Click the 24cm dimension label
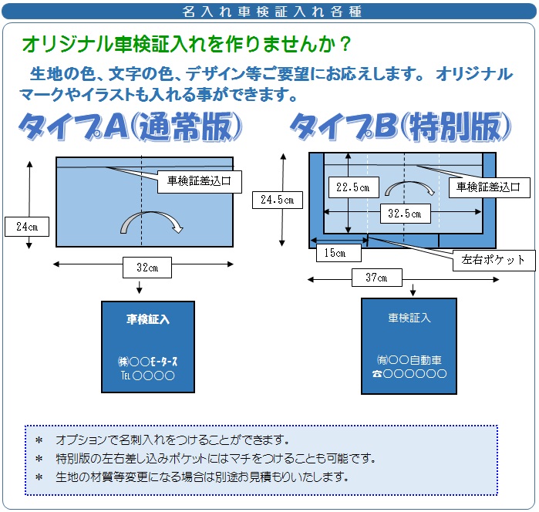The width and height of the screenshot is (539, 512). [27, 227]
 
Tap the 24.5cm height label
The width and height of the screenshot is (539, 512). [277, 200]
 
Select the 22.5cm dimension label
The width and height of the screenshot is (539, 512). [352, 187]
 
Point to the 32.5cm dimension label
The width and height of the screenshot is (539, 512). [405, 214]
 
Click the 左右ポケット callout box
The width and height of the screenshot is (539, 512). [494, 260]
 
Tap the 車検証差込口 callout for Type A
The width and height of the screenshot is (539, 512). [199, 182]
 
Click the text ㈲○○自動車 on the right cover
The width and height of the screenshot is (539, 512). [409, 360]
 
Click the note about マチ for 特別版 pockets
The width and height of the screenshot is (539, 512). [216, 459]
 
